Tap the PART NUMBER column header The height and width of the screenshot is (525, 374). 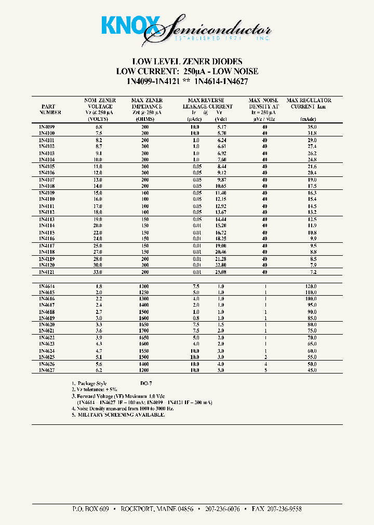pos(50,109)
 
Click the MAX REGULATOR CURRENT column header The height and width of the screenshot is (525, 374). pos(309,103)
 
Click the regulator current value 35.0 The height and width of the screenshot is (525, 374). pos(312,127)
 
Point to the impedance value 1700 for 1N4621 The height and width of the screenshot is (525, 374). pos(147,330)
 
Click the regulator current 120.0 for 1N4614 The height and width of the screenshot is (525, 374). pos(311,286)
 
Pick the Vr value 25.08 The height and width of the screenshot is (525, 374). pos(220,272)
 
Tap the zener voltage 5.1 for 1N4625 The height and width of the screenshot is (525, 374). pos(99,357)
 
